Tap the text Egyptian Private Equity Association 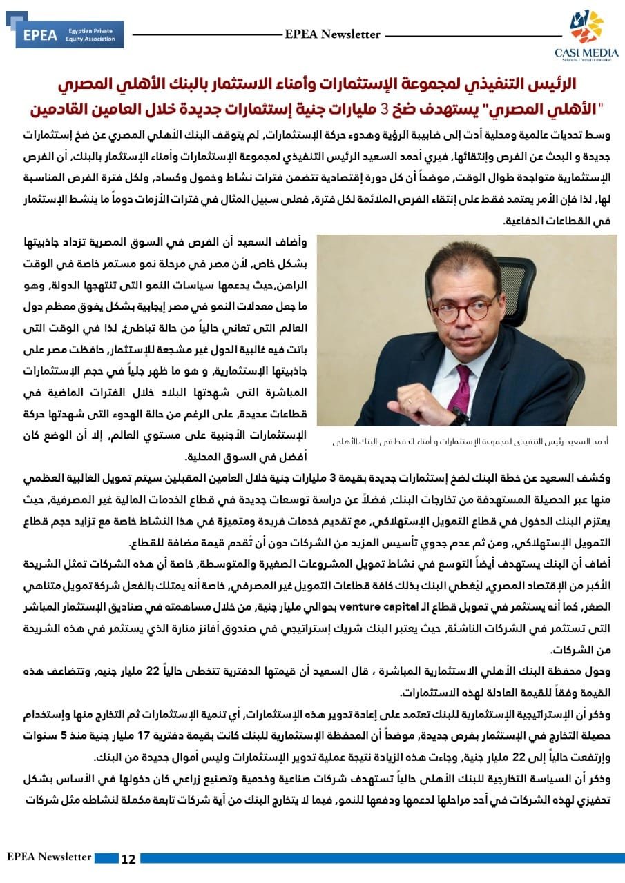tap(90, 35)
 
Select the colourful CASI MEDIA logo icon tap(586, 27)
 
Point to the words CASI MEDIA tap(586, 52)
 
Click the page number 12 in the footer tap(128, 859)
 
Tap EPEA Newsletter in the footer tap(49, 857)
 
